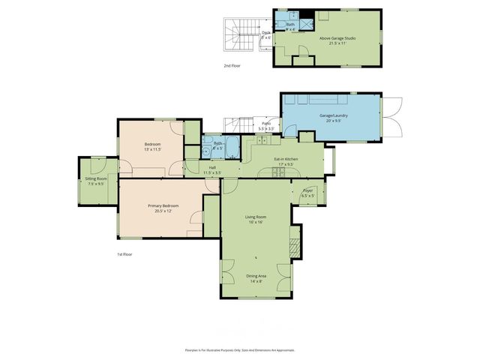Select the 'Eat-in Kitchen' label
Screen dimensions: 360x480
286,159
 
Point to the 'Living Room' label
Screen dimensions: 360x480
256,217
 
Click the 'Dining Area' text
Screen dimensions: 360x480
256,276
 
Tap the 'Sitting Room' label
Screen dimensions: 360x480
95,178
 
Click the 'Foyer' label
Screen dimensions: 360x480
307,190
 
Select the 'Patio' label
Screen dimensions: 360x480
266,124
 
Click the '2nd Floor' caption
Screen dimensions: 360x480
232,66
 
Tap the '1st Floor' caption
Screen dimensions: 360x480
124,255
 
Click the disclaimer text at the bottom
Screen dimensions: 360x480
239,350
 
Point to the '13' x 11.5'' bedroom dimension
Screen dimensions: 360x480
152,148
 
